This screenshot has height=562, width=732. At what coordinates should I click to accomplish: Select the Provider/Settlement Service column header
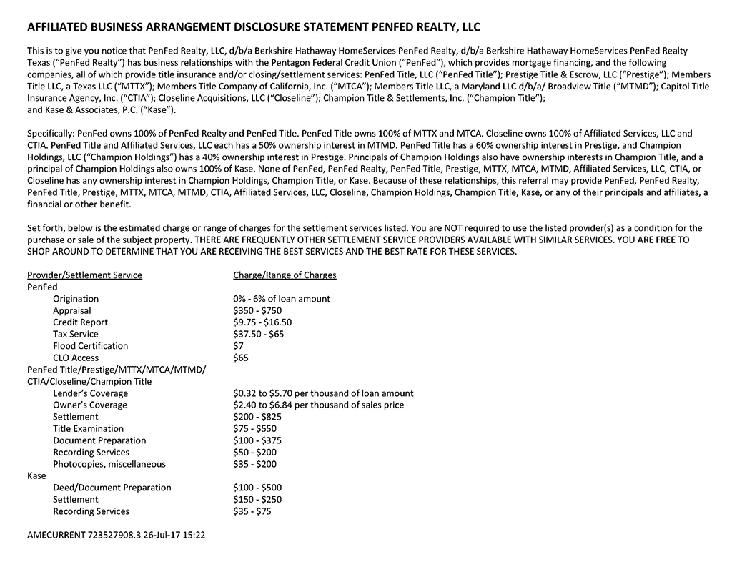(x=84, y=275)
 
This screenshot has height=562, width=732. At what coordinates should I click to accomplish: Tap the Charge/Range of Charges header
(x=285, y=275)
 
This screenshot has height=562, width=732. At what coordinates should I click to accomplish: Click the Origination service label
(x=76, y=299)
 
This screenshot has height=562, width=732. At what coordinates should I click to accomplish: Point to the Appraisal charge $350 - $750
(x=257, y=310)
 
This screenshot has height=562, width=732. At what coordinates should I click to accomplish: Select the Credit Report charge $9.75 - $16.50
(x=262, y=322)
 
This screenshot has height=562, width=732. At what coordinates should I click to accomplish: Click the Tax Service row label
(x=76, y=334)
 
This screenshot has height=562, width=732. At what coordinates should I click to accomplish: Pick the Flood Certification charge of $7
(x=238, y=346)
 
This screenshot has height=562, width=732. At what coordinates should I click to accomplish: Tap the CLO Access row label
(x=76, y=358)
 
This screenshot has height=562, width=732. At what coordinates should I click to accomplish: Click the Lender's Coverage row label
(x=90, y=393)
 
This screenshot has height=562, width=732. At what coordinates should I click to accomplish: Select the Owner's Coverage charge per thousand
(x=318, y=405)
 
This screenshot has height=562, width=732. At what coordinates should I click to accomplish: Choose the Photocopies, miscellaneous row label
(x=109, y=464)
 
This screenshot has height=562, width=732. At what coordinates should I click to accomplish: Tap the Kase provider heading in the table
(x=36, y=475)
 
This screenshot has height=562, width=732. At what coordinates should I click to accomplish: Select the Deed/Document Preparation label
(x=112, y=488)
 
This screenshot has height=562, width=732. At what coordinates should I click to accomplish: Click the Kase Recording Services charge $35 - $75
(x=252, y=511)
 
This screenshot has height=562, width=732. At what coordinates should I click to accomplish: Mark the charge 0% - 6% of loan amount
(x=282, y=299)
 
